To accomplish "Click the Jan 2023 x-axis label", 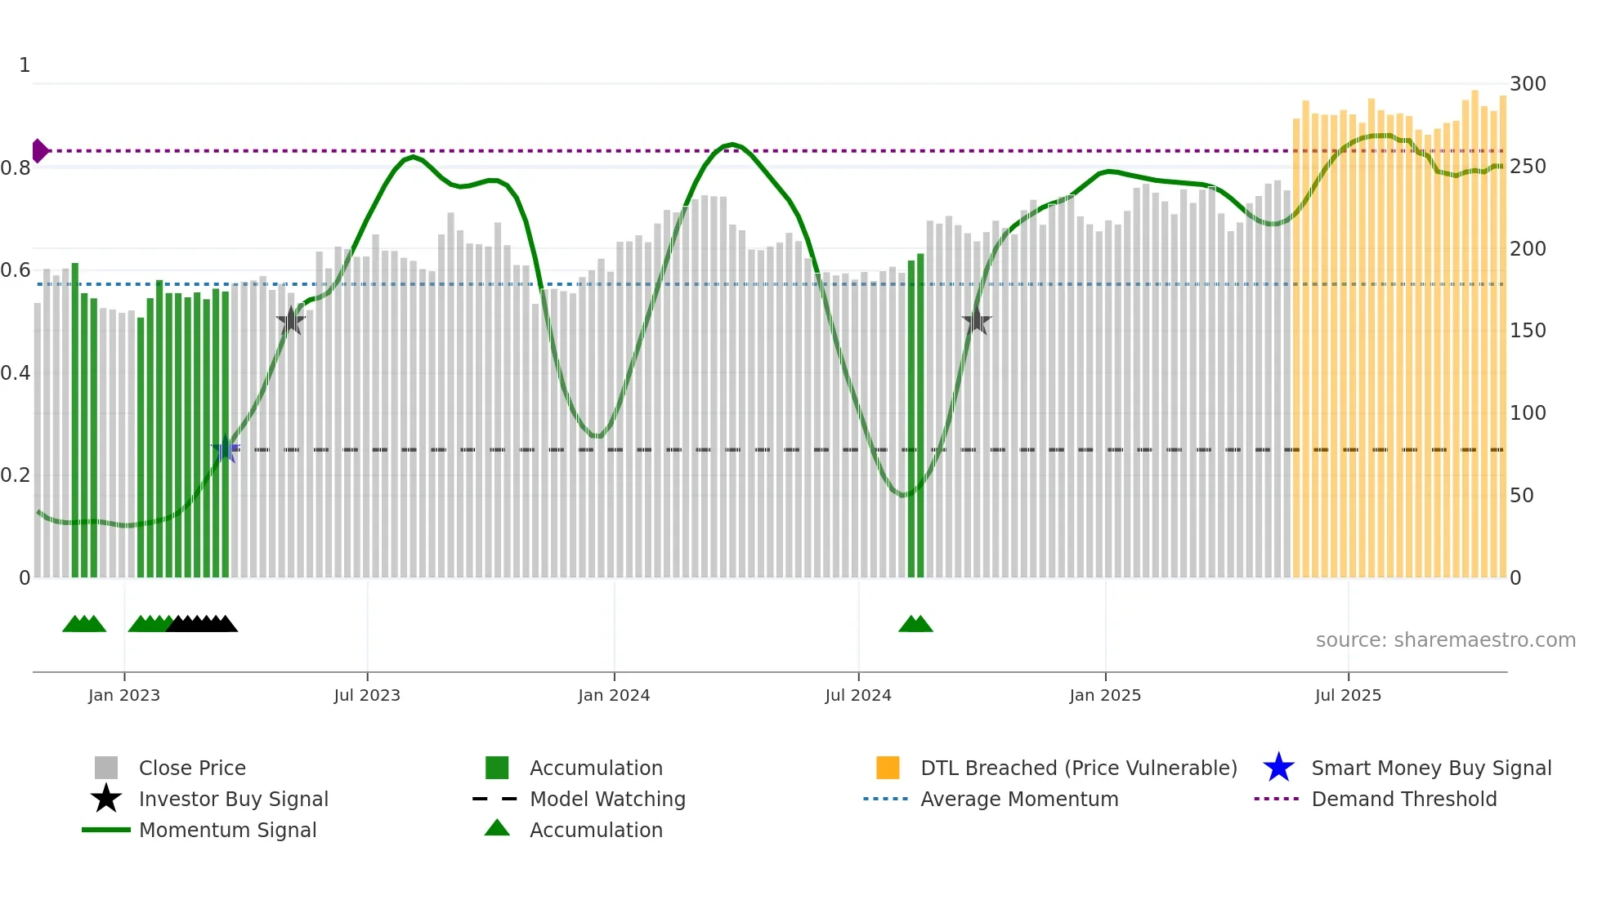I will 124,696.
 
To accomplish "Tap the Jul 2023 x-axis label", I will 367,696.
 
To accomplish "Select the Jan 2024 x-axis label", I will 614,696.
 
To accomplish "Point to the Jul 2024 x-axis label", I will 858,696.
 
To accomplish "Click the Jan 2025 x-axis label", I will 1105,696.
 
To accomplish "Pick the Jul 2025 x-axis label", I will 1348,696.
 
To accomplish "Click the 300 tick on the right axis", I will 1528,84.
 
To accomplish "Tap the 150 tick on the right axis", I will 1528,331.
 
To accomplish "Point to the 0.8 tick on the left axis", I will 16,168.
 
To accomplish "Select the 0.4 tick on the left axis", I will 16,373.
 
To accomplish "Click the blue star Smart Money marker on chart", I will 226,449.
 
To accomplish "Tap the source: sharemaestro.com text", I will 1445,640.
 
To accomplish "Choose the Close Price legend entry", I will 192,769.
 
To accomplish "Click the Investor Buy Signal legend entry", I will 233,800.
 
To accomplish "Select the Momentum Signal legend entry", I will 227,831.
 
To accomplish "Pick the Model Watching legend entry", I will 607,800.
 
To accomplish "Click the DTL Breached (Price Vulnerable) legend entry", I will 1078,769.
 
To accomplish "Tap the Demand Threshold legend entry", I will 1403,800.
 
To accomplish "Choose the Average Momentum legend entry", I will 1019,800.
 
